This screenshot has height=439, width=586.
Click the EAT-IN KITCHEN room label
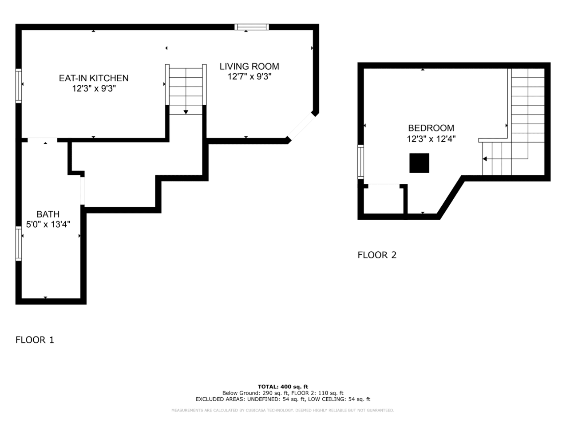pos(94,78)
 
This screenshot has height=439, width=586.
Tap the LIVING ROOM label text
pos(249,67)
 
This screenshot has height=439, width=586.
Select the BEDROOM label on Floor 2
pos(431,128)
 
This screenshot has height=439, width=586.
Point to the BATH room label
pos(48,214)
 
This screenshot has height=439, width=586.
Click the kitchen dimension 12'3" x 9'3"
pos(94,89)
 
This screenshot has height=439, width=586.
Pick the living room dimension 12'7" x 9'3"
pos(249,77)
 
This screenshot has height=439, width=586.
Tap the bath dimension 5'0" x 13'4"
pos(48,225)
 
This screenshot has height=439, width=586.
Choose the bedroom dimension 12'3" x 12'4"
pos(431,139)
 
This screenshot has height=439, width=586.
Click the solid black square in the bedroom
pos(420,163)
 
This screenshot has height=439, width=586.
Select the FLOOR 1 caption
pos(35,340)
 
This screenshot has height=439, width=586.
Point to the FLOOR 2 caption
pos(377,255)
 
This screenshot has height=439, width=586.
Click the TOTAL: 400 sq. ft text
pos(283,387)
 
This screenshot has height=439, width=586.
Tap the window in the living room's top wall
pos(252,27)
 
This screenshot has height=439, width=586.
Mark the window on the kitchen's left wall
pos(18,86)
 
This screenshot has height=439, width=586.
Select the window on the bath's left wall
pos(18,243)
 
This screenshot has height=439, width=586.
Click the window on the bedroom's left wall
pos(360,162)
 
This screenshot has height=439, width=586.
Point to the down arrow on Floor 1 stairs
pos(186,112)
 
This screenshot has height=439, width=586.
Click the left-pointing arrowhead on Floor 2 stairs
pos(485,159)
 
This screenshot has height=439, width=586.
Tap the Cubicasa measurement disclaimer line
pos(283,410)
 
